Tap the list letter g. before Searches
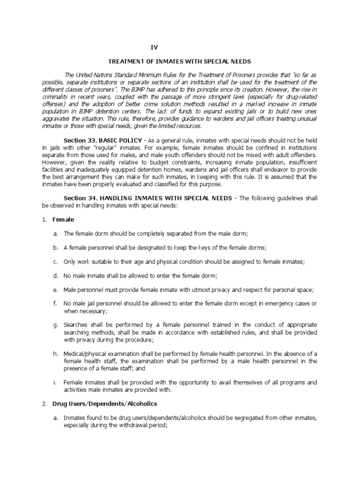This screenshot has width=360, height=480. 55,324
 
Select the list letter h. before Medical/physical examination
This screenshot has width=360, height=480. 55,354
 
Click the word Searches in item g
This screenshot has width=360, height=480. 75,324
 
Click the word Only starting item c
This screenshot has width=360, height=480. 70,261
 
